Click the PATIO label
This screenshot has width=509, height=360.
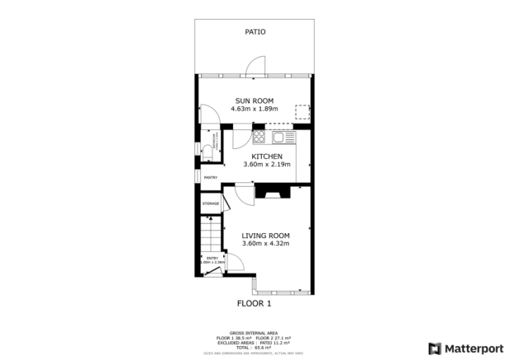254,32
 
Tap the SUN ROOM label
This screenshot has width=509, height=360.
254,101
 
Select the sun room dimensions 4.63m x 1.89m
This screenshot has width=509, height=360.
254,109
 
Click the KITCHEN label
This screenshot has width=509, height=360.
267,157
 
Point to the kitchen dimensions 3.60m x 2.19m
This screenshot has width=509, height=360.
267,165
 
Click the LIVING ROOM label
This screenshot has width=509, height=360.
264,236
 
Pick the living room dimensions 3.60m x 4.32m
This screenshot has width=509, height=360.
264,244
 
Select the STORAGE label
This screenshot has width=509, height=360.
211,203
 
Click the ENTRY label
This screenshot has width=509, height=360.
212,258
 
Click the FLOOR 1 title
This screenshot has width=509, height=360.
254,303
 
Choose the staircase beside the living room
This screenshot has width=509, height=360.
212,235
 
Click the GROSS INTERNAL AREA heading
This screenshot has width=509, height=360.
254,332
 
